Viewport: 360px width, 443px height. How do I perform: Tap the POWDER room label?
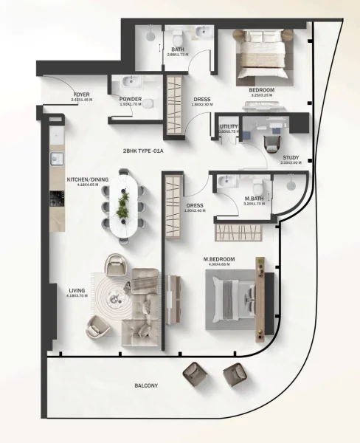[130, 99]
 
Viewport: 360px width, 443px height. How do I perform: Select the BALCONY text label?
[146, 385]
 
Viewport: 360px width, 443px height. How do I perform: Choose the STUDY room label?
[291, 157]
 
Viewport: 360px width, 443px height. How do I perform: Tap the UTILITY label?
[229, 127]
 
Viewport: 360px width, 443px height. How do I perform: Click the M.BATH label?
[255, 199]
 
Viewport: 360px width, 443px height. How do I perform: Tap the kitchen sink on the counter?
[55, 158]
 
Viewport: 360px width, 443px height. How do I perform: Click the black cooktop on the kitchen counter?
[55, 198]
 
